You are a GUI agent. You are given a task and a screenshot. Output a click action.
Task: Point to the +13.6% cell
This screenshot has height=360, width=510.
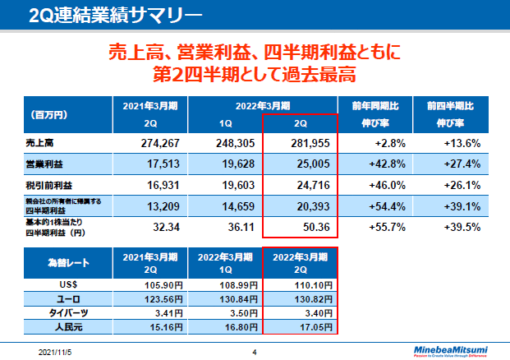coord(460,142)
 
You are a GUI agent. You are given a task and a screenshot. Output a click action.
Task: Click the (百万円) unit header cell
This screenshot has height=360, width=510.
coord(49,114)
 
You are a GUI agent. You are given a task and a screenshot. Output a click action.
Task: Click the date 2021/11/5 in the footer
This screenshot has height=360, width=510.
coord(55,351)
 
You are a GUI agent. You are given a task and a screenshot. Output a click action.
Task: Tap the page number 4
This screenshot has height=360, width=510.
coord(255,351)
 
